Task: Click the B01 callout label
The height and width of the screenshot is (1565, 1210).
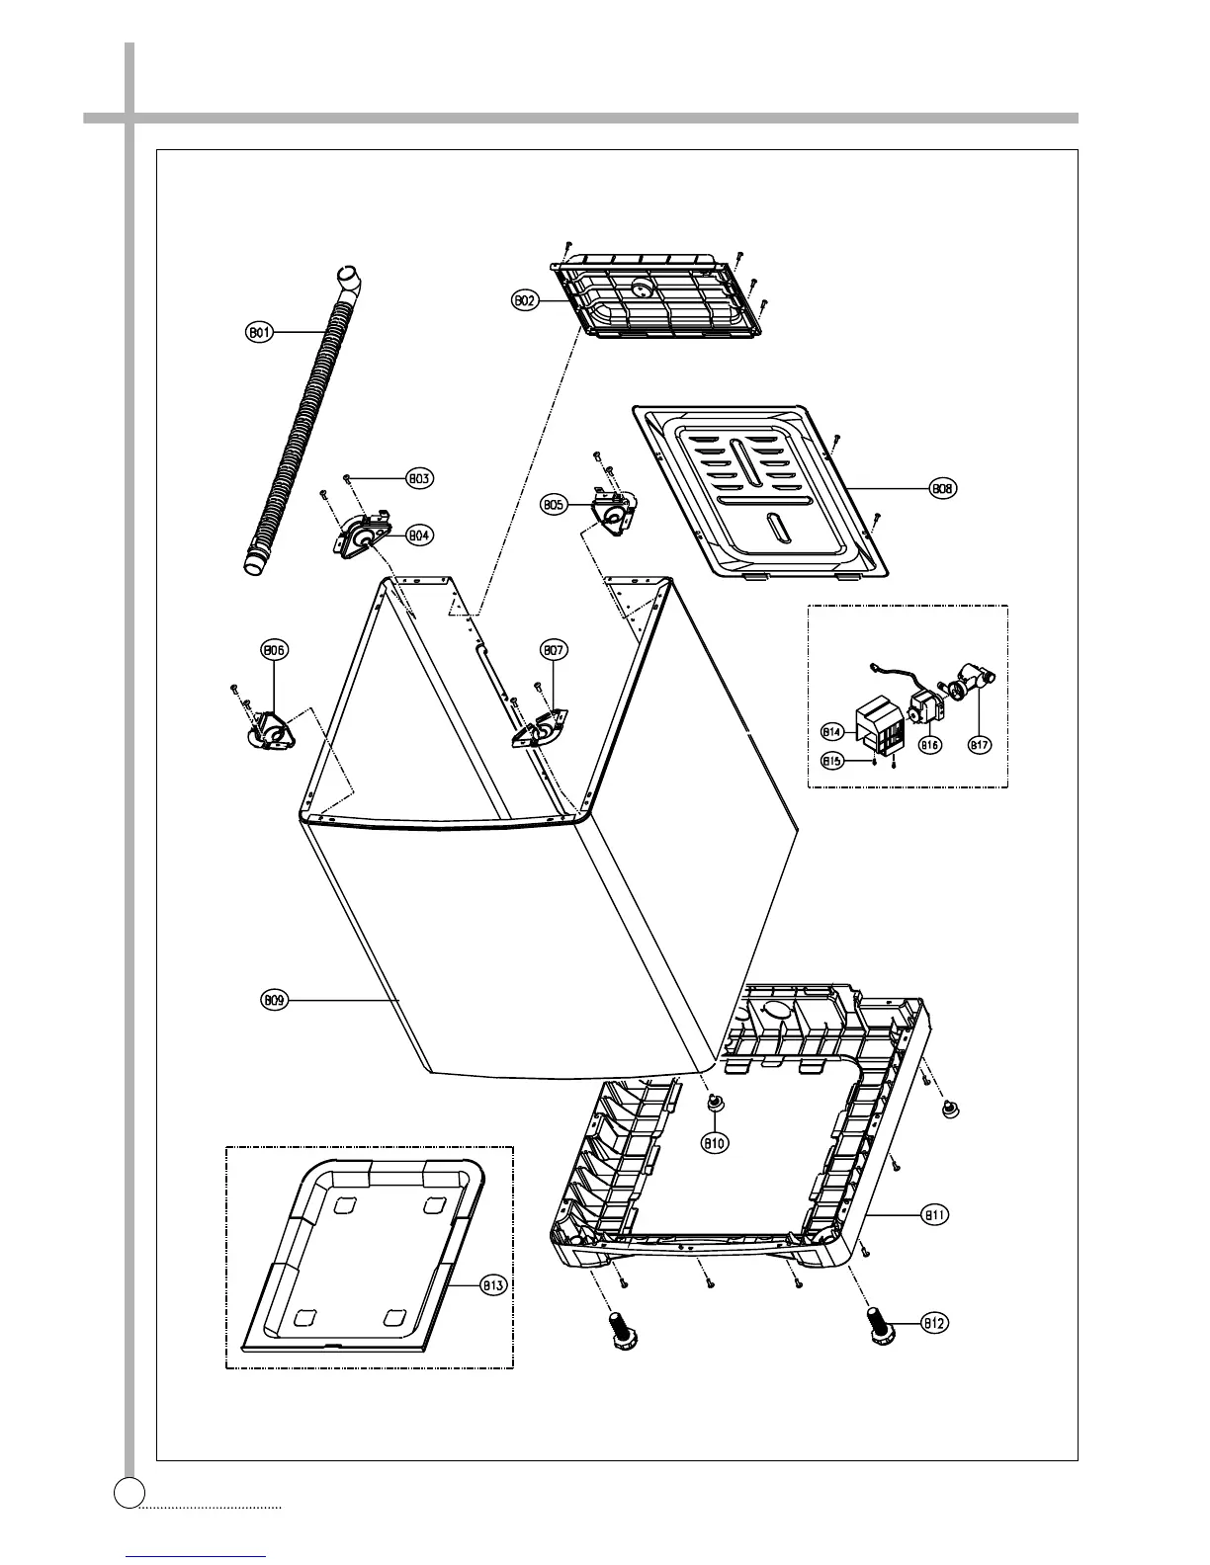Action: pyautogui.click(x=259, y=333)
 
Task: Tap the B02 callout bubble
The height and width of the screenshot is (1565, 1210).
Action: pyautogui.click(x=524, y=300)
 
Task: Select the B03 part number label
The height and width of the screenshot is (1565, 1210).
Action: pyautogui.click(x=419, y=479)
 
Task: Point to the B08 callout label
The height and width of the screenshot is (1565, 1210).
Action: pyautogui.click(x=944, y=488)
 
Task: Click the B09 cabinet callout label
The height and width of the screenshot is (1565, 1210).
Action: pyautogui.click(x=275, y=1001)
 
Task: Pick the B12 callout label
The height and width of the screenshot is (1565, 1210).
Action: pyautogui.click(x=935, y=1323)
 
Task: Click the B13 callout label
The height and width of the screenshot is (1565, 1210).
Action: pyautogui.click(x=492, y=1285)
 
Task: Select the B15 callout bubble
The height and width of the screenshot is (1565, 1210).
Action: pyautogui.click(x=832, y=760)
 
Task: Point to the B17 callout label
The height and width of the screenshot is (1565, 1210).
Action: pyautogui.click(x=979, y=745)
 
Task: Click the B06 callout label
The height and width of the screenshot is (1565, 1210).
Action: pyautogui.click(x=274, y=650)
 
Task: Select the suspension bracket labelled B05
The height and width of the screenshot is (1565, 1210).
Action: pyautogui.click(x=614, y=512)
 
